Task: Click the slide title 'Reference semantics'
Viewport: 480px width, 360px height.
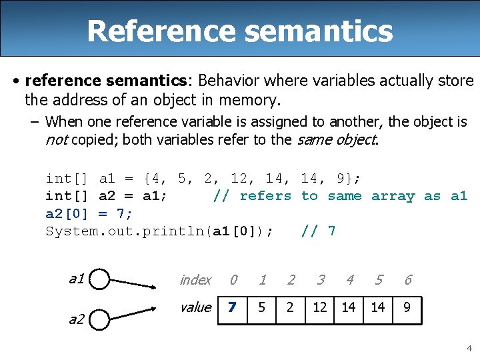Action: [239, 31]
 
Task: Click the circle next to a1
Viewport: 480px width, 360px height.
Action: [99, 280]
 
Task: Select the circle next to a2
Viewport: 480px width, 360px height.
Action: [99, 319]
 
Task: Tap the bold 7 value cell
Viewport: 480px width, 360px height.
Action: [232, 308]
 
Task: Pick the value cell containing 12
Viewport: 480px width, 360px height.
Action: [320, 308]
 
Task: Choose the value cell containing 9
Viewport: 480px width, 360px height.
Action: [407, 308]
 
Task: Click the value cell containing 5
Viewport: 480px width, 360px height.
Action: [262, 308]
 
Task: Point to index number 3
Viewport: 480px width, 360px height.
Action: [321, 280]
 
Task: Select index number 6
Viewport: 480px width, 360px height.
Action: [407, 280]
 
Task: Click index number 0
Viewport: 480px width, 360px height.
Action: [233, 280]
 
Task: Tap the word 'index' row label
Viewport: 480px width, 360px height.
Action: [195, 280]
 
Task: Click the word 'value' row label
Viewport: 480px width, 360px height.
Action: [195, 307]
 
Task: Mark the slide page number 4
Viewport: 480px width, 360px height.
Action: [469, 348]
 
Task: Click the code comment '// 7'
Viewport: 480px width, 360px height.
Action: [318, 231]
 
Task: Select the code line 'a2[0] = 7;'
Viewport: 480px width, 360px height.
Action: [89, 213]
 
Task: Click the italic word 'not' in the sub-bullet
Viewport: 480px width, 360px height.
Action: [56, 139]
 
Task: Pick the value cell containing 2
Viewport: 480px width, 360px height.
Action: [291, 308]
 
